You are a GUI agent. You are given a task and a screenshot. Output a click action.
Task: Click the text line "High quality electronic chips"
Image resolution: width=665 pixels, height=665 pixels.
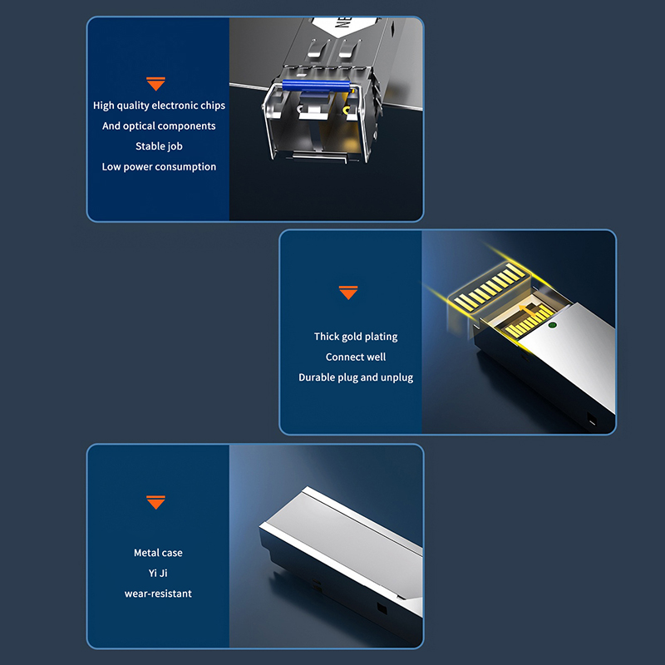point(159,106)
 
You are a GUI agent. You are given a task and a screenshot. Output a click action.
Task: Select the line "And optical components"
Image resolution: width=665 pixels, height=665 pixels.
point(159,126)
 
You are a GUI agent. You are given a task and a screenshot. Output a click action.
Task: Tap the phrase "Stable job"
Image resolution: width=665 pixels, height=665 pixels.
point(159,146)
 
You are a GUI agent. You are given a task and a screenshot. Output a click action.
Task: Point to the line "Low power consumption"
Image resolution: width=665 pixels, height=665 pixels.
point(159,167)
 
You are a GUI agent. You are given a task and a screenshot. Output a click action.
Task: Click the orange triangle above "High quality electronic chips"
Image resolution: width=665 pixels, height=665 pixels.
point(155,84)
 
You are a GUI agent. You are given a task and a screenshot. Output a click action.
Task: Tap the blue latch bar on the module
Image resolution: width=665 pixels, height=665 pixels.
point(316,86)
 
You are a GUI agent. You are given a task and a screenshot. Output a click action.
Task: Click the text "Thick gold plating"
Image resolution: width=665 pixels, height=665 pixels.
point(356,337)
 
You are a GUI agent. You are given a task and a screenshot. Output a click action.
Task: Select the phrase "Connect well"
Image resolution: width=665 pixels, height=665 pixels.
point(356,357)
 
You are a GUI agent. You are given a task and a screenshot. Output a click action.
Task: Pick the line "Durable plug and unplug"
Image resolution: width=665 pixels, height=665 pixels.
point(356,377)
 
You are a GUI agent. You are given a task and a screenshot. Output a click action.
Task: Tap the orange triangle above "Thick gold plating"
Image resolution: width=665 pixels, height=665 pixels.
point(348,293)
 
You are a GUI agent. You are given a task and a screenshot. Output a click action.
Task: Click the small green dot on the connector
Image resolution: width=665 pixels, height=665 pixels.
point(552,325)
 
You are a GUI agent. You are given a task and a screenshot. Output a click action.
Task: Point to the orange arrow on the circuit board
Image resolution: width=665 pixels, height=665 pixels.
point(526,311)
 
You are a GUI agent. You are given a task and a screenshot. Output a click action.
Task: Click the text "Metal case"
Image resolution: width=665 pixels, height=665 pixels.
point(158,553)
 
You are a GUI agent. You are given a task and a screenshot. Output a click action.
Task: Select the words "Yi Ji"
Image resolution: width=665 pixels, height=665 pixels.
point(158,573)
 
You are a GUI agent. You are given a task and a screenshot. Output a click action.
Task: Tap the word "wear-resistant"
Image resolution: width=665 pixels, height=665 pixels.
point(158,594)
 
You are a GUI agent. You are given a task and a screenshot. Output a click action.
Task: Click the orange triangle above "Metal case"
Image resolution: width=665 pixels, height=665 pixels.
point(155,502)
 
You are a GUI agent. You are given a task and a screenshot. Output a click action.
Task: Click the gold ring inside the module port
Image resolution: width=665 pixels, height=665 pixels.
point(347,111)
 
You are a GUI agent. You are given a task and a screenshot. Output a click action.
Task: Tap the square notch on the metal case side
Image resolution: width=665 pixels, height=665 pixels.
point(382,609)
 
